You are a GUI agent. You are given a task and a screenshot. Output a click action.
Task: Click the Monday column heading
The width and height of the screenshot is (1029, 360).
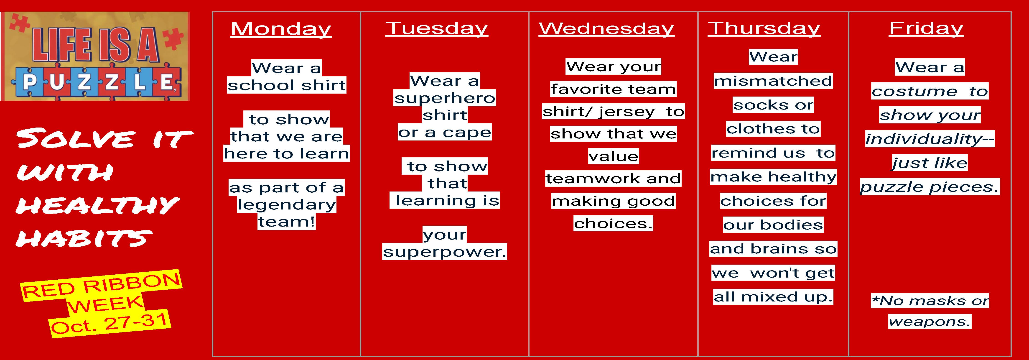[281, 29]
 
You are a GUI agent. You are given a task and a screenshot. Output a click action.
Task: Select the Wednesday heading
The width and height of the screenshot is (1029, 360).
[606, 28]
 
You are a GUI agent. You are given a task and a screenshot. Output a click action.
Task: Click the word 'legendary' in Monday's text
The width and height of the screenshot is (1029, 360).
[286, 204]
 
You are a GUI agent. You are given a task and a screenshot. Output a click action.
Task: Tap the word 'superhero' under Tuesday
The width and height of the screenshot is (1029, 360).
[445, 98]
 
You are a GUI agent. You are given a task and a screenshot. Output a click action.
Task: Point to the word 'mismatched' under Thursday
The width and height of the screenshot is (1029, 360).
[773, 81]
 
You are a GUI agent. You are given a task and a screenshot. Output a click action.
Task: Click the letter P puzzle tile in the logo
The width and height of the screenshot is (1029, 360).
[29, 83]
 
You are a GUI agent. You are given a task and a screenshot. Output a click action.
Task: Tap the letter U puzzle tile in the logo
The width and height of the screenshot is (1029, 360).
[57, 83]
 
